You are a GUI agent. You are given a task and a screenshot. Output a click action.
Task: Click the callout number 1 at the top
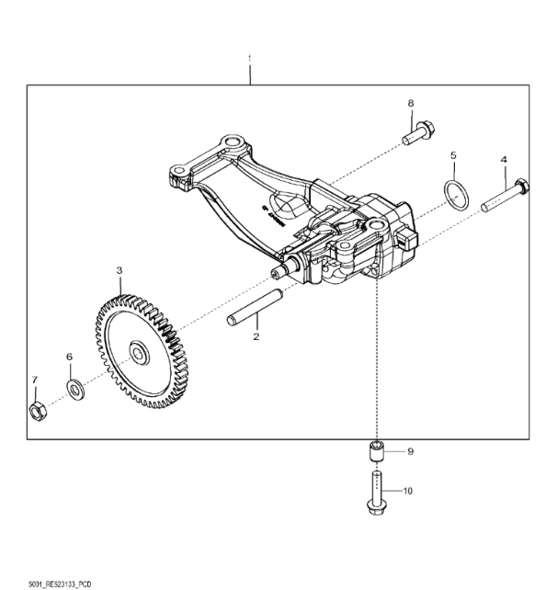249,60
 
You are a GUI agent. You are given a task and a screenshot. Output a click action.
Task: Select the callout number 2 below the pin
256,336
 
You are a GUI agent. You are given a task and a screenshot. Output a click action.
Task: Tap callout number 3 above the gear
119,270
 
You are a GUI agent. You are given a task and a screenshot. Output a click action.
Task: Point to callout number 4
504,160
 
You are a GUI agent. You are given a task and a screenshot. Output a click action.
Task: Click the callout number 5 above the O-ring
453,155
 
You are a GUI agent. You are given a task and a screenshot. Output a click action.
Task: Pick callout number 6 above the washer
69,357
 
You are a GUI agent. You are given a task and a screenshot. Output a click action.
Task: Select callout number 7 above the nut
35,380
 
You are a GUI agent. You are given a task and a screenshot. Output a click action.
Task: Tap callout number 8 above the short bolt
411,103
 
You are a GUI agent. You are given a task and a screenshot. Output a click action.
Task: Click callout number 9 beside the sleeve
411,451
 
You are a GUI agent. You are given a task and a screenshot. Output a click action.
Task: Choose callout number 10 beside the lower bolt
408,491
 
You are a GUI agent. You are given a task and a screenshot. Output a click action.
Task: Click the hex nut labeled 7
38,411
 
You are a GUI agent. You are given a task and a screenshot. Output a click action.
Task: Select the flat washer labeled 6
75,390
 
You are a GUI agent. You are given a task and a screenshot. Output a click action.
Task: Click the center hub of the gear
139,353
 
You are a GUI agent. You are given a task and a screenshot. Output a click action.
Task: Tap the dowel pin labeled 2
255,307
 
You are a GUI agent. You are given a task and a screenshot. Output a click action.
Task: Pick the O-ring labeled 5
457,194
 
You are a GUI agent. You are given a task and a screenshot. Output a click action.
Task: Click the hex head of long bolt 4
521,186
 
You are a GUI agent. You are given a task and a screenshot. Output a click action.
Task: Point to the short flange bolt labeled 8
418,132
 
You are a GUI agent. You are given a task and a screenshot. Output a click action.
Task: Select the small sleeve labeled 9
377,451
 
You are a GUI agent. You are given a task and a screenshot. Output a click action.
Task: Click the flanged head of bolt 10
376,507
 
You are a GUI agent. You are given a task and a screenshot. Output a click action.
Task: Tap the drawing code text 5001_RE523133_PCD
60,584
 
